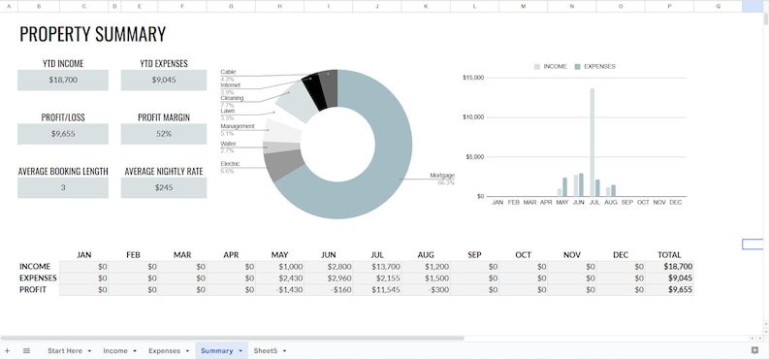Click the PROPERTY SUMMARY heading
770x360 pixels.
pyautogui.click(x=93, y=35)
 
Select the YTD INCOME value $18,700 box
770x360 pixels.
pyautogui.click(x=63, y=80)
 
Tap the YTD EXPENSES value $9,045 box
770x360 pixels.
pyautogui.click(x=164, y=80)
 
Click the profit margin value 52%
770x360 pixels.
pyautogui.click(x=164, y=134)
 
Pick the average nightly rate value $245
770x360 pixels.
pyautogui.click(x=164, y=187)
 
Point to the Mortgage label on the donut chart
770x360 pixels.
pyautogui.click(x=441, y=176)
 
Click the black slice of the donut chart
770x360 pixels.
pyautogui.click(x=312, y=91)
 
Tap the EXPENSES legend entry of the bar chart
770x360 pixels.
pyautogui.click(x=598, y=66)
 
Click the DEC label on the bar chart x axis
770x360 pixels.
pyautogui.click(x=675, y=202)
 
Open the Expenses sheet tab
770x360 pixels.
pyautogui.click(x=165, y=350)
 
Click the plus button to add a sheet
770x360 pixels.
pyautogui.click(x=7, y=350)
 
